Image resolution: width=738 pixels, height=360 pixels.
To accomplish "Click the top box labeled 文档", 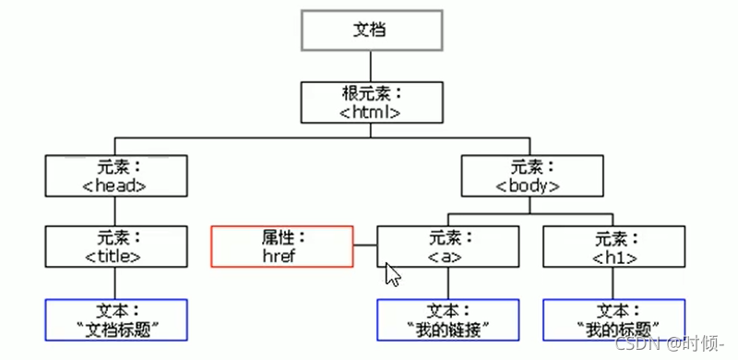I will (x=370, y=30).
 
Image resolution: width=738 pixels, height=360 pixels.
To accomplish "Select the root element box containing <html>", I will (x=371, y=102).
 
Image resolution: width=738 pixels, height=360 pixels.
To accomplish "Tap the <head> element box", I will (x=115, y=175).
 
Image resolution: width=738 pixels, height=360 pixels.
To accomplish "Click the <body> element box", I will (x=530, y=175).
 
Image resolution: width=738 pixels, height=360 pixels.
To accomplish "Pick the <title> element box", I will (x=115, y=246).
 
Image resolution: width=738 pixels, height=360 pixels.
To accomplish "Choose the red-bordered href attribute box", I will (x=282, y=246).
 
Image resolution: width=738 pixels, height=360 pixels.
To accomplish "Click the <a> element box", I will (x=447, y=246).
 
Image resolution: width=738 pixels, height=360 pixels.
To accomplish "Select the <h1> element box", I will (x=613, y=246).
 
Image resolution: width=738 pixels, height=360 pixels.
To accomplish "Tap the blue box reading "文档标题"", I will (x=115, y=319).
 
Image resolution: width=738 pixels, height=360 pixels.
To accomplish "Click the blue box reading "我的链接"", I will (x=447, y=319).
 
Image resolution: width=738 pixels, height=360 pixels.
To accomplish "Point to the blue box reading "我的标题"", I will (x=613, y=319).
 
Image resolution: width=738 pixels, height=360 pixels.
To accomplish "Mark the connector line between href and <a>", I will (x=365, y=246).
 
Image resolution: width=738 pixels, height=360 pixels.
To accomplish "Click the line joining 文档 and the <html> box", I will (x=370, y=66).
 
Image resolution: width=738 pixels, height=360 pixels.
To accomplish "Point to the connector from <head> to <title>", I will (x=115, y=210).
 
